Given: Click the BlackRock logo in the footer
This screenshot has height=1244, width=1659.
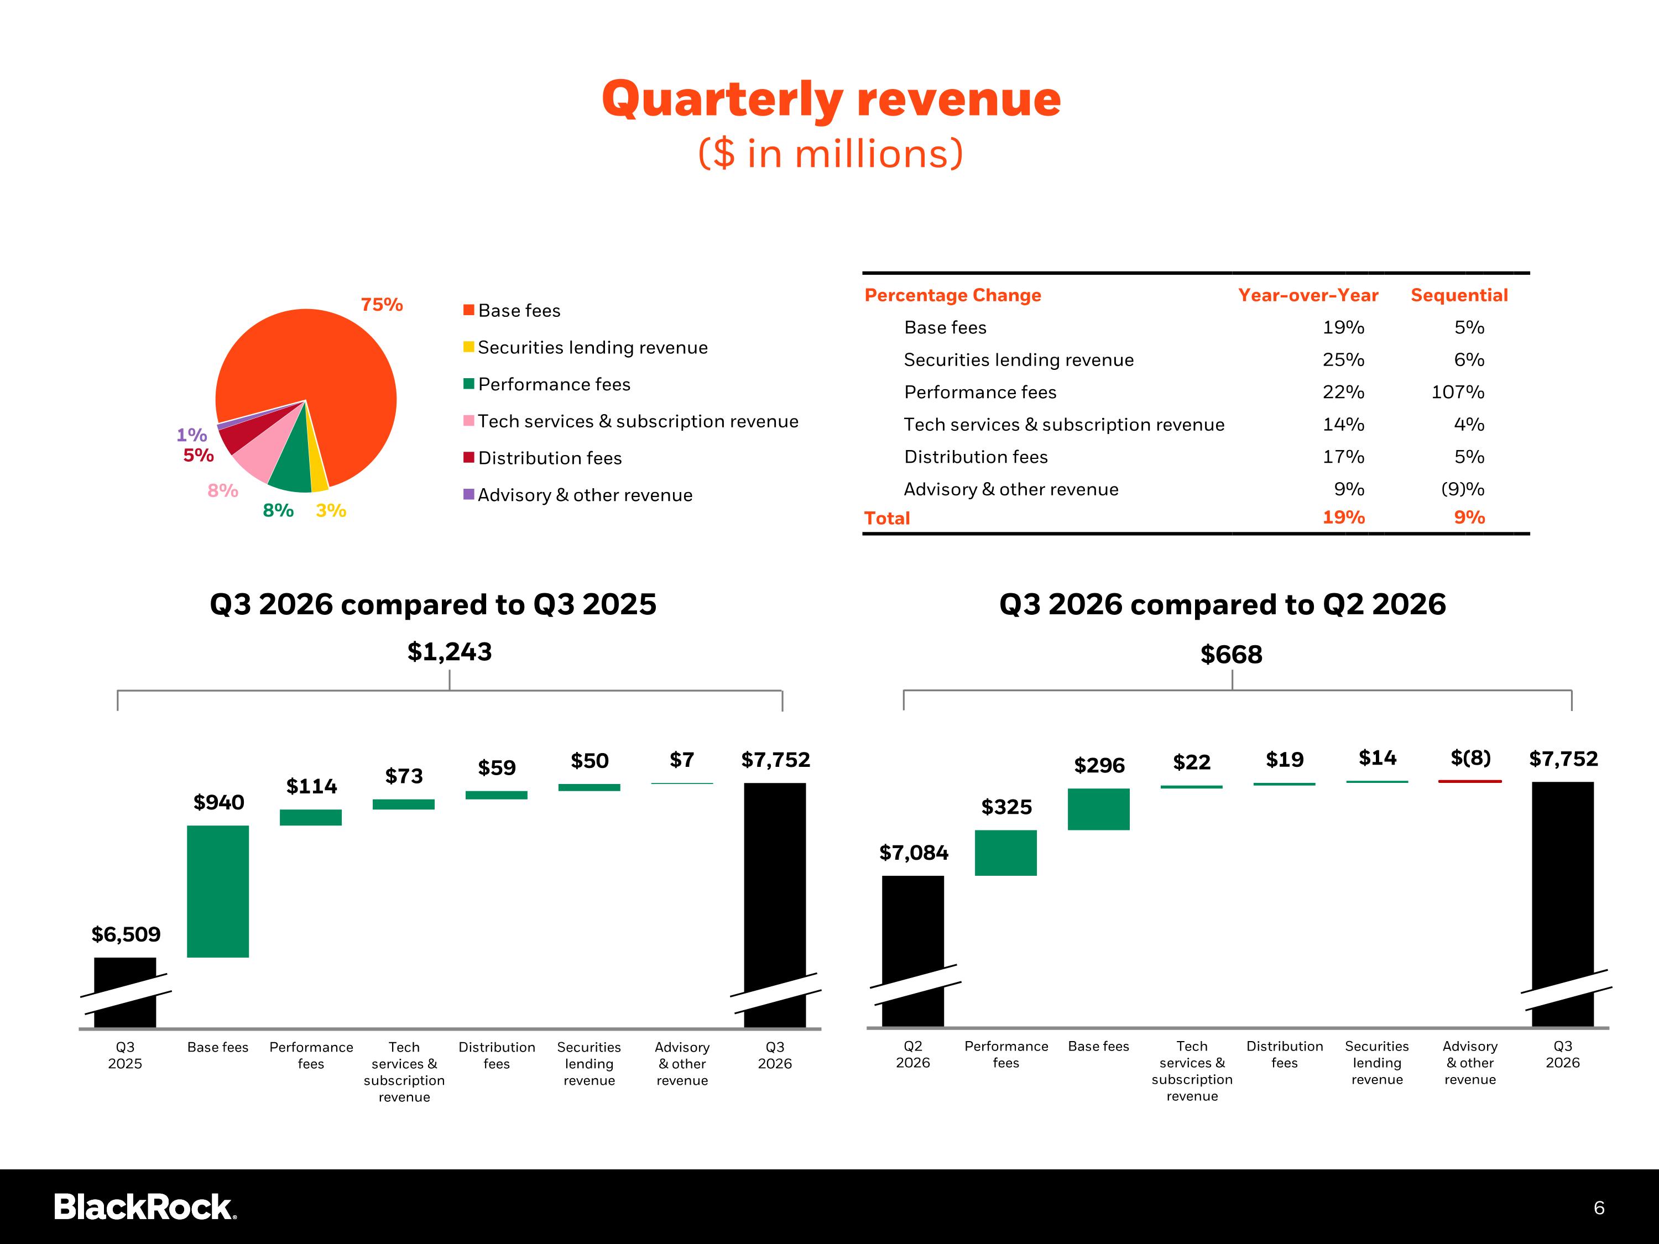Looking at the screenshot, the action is click(x=145, y=1208).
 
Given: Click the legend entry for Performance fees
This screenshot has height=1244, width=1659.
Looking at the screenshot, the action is click(x=547, y=385).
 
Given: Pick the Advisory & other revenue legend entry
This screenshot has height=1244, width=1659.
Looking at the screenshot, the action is click(x=577, y=495).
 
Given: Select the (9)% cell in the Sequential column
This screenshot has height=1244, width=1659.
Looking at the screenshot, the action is click(x=1463, y=490).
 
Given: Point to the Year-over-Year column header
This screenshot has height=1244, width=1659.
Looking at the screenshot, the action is click(x=1308, y=295).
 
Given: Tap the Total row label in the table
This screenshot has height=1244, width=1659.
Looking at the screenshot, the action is click(x=886, y=518).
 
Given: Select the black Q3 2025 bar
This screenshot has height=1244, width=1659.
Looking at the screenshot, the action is click(x=125, y=992).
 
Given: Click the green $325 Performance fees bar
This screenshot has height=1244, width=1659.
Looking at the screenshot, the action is click(x=1006, y=853).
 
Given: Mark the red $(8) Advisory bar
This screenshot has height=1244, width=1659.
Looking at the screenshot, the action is click(x=1470, y=781).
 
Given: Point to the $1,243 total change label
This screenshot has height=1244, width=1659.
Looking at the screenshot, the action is click(x=449, y=652).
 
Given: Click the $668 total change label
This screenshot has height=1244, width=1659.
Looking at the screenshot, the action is click(x=1232, y=655).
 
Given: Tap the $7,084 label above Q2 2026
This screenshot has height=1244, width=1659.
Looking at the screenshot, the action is click(x=914, y=853).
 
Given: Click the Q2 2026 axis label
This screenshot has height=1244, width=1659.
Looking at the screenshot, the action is click(x=913, y=1054).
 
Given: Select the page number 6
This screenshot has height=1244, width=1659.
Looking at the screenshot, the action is click(x=1599, y=1208).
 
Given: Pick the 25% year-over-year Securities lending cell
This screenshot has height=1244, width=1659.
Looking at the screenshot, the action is click(x=1343, y=360).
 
